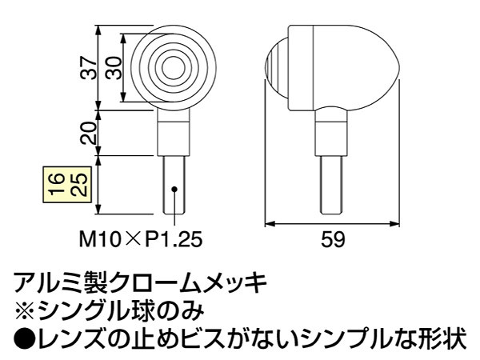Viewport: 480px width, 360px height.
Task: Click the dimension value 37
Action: coord(89,68)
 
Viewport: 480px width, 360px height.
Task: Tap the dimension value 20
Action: coord(89,133)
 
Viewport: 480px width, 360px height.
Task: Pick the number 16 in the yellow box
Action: coord(58,185)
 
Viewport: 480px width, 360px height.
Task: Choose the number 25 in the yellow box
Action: coord(79,185)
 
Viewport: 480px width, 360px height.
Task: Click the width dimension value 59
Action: coord(333,239)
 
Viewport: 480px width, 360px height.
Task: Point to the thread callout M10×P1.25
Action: coord(141,239)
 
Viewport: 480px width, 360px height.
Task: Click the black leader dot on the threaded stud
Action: coord(174,189)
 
